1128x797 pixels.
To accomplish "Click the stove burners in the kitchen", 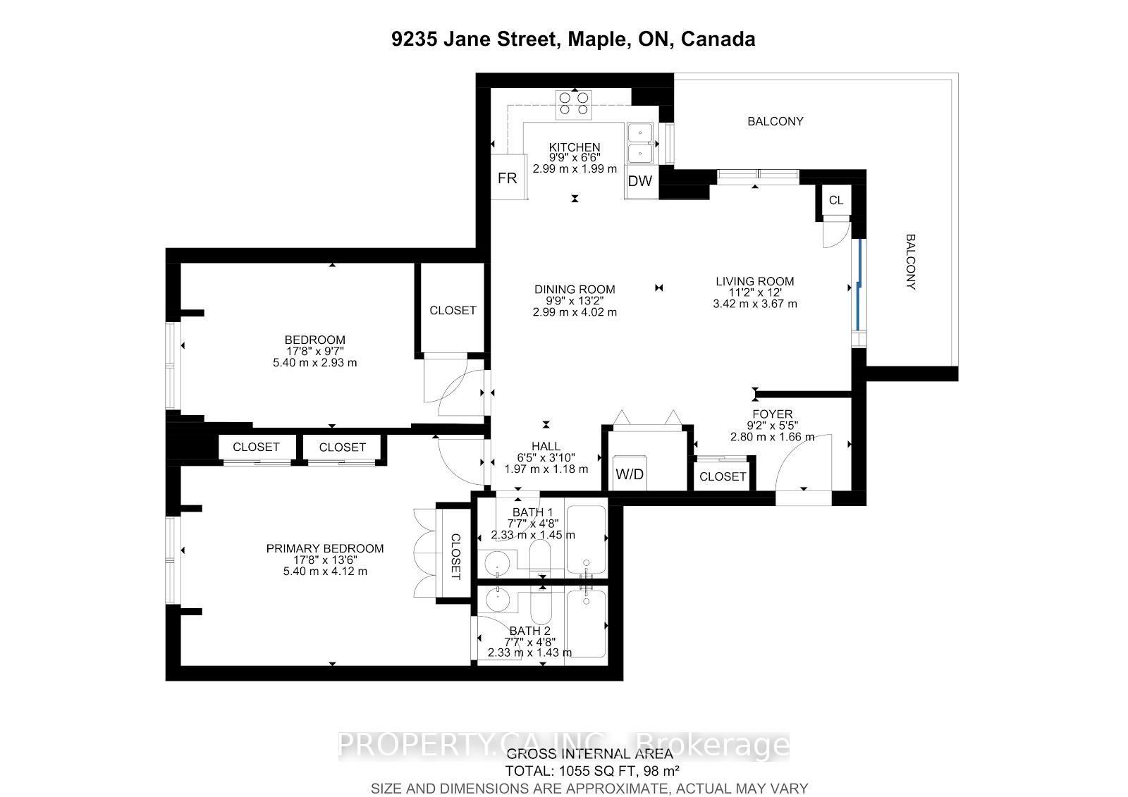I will click(x=574, y=104).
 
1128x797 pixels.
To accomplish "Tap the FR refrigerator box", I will click(x=508, y=178).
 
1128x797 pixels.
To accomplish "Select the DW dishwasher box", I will click(x=640, y=181).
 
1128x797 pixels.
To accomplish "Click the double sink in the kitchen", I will click(x=641, y=142).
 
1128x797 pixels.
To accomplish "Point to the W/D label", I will click(x=630, y=474).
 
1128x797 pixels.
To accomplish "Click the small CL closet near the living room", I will click(x=836, y=200).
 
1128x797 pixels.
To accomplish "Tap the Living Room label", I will click(x=754, y=281).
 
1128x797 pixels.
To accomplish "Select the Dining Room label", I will click(x=575, y=289).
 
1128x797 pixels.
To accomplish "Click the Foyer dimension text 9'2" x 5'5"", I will click(x=772, y=426).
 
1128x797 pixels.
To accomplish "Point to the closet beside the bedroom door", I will click(x=453, y=310).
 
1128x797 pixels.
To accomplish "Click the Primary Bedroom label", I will click(x=325, y=548).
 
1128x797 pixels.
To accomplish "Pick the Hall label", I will click(x=546, y=446).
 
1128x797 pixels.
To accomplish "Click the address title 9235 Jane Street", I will click(x=573, y=39).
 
